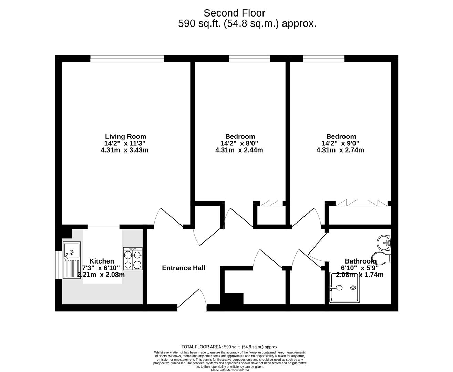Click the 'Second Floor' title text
click(234, 13)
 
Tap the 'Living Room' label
click(125, 136)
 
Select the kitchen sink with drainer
click(72, 260)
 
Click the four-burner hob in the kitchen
click(133, 259)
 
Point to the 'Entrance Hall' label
click(184, 268)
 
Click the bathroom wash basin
click(383, 243)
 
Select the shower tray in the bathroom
click(345, 288)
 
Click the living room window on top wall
click(127, 59)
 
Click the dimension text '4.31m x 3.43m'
click(125, 150)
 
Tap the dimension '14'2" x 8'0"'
click(239, 143)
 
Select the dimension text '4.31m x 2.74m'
click(340, 150)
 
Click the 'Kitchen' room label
click(102, 261)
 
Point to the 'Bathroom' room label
click(360, 261)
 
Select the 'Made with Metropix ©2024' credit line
click(230, 370)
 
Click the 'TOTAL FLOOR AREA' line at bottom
click(230, 347)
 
